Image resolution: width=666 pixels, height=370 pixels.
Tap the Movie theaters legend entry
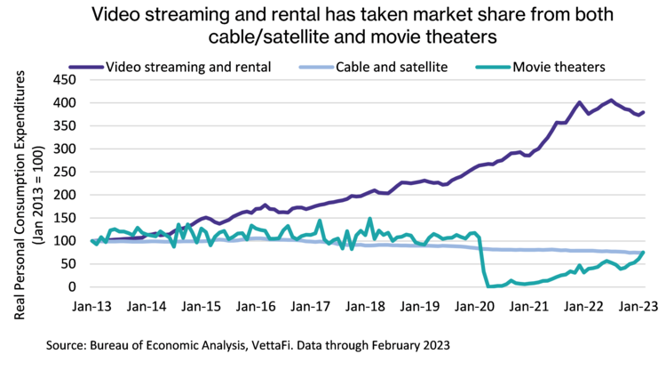[x=556, y=66]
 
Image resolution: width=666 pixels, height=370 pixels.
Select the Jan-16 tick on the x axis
[x=257, y=306]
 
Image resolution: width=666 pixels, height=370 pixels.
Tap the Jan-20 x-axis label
[x=476, y=306]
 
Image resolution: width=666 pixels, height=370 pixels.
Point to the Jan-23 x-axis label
[x=640, y=306]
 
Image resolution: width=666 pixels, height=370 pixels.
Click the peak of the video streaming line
[x=611, y=100]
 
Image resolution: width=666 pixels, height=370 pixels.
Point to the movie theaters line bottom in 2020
[x=491, y=286]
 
